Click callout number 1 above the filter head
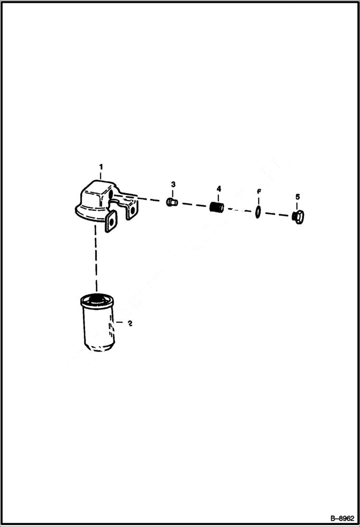tap(101, 166)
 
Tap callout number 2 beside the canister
tap(129, 323)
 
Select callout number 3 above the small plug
tap(173, 184)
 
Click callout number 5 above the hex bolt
tap(298, 197)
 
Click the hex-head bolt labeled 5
tap(298, 217)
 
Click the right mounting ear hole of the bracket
tap(132, 209)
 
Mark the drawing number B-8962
tap(341, 518)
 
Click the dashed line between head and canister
tap(96, 259)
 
